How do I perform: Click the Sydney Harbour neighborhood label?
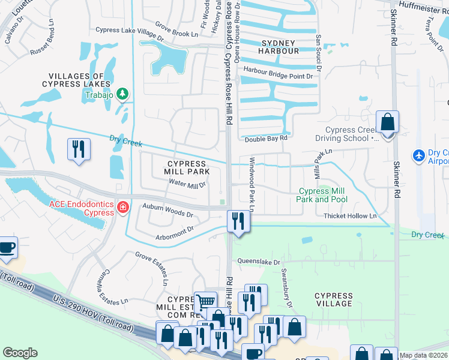tap(279, 47)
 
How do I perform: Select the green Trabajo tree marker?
tap(122, 94)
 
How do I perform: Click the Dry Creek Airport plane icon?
tap(419, 155)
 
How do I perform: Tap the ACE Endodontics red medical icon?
tap(123, 208)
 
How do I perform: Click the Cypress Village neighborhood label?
tap(334, 299)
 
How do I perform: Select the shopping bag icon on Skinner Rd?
tap(388, 122)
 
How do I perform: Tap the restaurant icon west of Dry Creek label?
tap(79, 149)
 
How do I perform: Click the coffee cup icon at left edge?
tap(7, 247)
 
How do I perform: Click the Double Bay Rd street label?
tap(266, 139)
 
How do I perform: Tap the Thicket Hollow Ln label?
tap(349, 216)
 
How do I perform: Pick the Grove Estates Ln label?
tap(152, 268)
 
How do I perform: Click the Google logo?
tap(20, 353)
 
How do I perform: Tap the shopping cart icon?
tap(205, 302)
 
